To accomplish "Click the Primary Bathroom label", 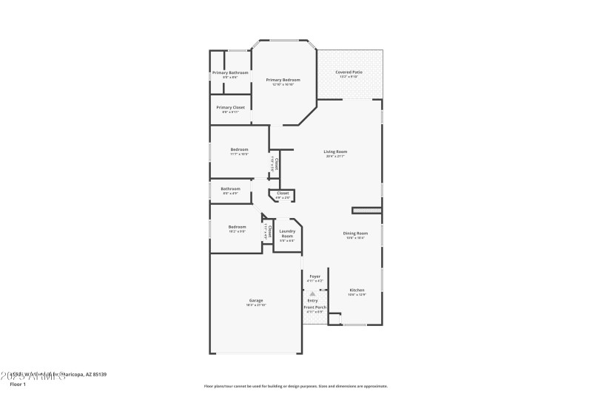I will [230, 72].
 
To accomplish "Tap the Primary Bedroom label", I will [283, 80].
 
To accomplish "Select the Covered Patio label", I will [349, 72].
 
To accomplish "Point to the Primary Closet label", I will [230, 107].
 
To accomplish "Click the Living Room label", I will [335, 152].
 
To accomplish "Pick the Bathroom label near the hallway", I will [230, 188].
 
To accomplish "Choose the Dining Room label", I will [355, 233].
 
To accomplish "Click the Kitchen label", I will [357, 290].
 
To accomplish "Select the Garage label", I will [256, 300].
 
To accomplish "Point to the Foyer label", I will [314, 276].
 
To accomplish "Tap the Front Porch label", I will [314, 306].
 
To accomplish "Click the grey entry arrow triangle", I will [313, 294].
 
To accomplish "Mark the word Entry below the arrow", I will [313, 300].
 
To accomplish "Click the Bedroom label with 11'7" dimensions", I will [239, 149].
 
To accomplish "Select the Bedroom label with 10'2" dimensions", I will [237, 226].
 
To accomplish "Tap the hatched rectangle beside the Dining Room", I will [366, 211].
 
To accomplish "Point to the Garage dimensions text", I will [256, 305].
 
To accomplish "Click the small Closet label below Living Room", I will [283, 194].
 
